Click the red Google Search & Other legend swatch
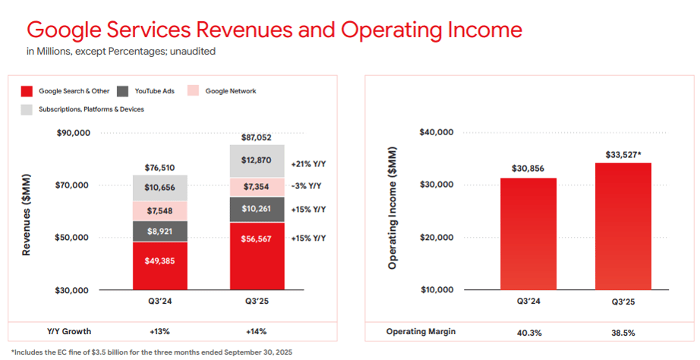pos(26,91)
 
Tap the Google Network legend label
pos(231,91)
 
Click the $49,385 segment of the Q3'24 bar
pos(159,261)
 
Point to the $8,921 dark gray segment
pos(159,231)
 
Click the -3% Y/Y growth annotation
pos(307,187)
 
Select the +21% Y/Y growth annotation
pos(307,164)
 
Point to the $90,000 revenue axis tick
pos(74,133)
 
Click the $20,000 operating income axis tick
pos(436,237)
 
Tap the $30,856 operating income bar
pos(528,235)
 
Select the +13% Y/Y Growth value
pos(159,332)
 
